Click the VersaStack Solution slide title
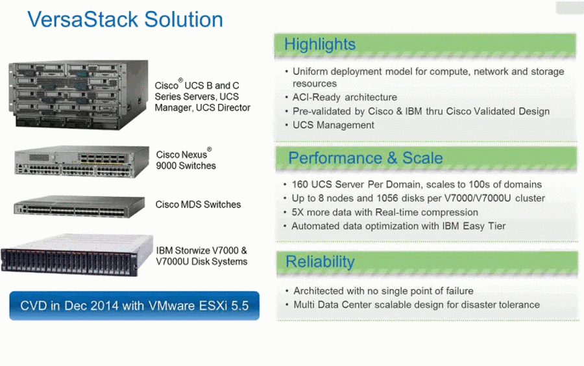point(125,20)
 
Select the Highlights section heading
point(320,44)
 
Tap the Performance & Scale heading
point(365,158)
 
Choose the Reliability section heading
point(320,261)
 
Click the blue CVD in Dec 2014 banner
point(134,306)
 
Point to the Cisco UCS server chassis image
point(79,95)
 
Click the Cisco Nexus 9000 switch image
point(82,162)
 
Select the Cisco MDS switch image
point(79,206)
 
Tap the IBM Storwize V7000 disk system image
point(77,255)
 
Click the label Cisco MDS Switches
point(198,204)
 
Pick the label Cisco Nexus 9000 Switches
point(186,159)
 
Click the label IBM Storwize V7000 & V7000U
point(202,256)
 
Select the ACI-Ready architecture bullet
point(345,98)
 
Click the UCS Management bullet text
point(334,125)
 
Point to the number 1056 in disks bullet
point(388,198)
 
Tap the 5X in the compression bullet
point(298,213)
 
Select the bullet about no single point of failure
point(383,291)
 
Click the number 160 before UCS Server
point(300,185)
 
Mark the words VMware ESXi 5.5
point(199,306)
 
